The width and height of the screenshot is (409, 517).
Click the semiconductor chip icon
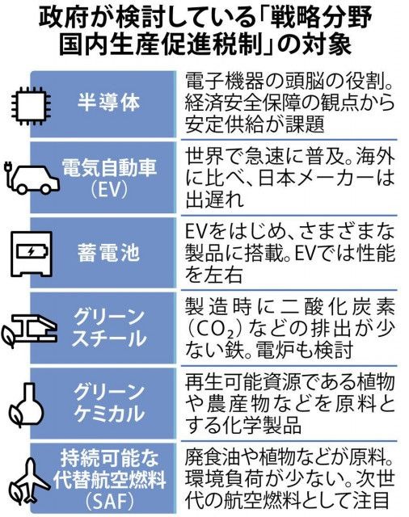point(28,105)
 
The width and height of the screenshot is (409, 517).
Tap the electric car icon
point(32,177)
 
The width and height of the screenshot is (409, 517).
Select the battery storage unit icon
point(32,253)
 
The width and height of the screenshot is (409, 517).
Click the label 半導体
point(108,103)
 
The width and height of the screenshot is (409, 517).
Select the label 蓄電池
point(108,253)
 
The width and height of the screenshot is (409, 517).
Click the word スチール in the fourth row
point(109,338)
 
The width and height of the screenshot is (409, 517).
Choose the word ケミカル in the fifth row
point(109,414)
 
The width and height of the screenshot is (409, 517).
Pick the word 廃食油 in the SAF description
point(213,457)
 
